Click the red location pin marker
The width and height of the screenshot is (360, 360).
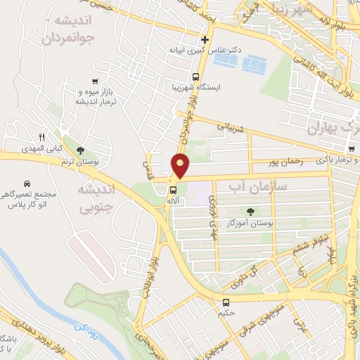181,166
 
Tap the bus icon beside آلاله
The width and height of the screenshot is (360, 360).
172,190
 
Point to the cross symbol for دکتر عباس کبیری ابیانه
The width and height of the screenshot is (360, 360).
205,39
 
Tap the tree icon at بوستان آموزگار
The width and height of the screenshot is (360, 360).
251,211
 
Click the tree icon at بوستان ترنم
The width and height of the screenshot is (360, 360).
81,150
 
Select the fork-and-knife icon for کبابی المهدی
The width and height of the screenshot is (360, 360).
41,137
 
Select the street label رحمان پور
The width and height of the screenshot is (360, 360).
285,162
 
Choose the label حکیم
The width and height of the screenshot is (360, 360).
225,313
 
